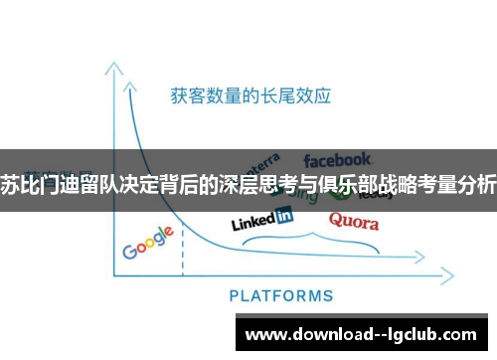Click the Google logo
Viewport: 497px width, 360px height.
coord(148,243)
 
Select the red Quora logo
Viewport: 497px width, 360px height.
coord(353,220)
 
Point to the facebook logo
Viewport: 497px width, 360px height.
coord(338,158)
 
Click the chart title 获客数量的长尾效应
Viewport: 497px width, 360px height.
coord(249,97)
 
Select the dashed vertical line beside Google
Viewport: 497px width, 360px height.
coord(183,249)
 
